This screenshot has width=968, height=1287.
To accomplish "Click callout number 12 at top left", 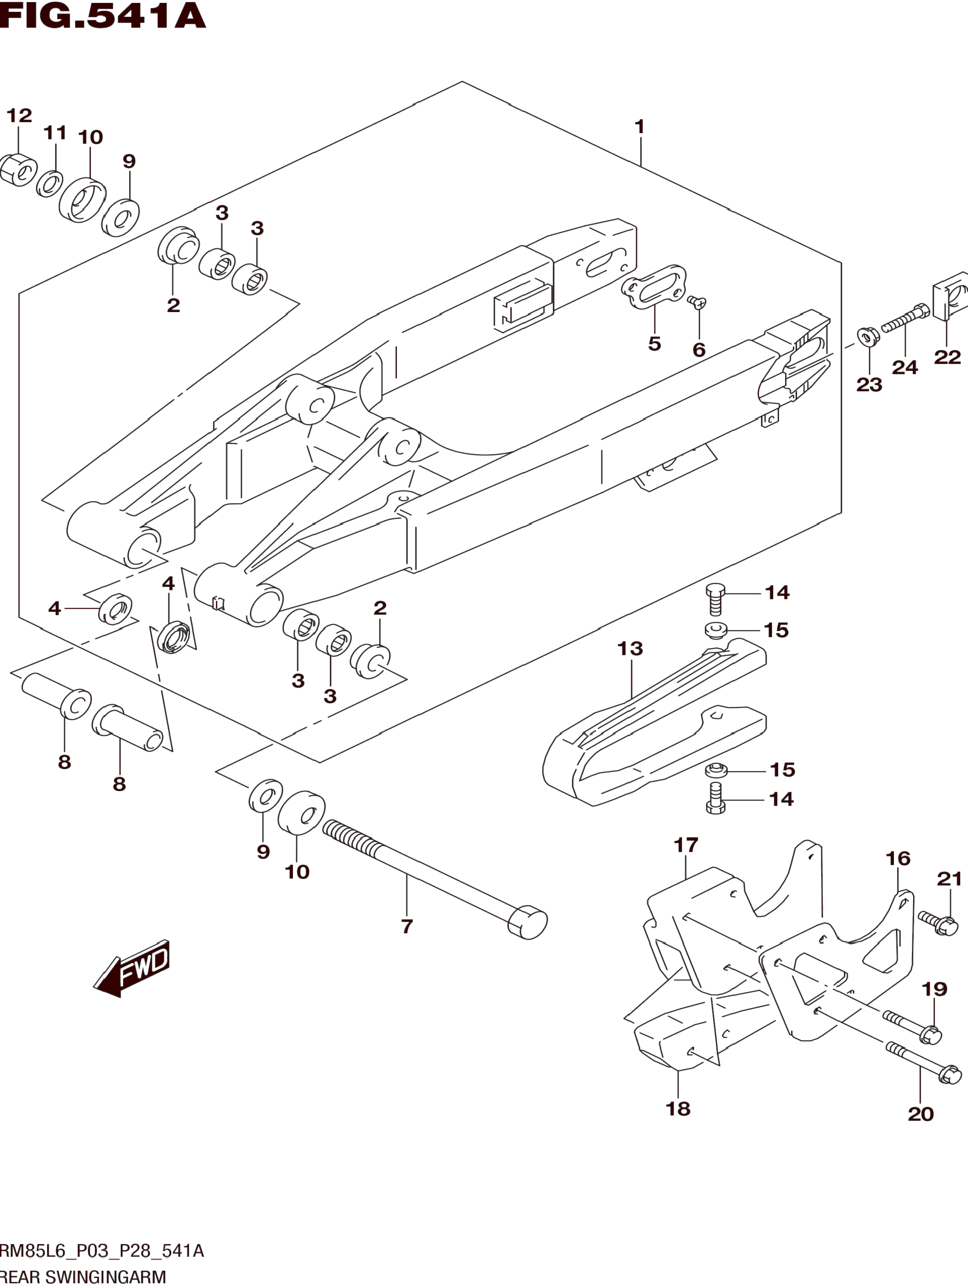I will (19, 115).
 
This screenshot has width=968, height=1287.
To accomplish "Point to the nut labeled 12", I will (17, 169).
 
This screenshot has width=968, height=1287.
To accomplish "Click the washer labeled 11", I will (50, 183).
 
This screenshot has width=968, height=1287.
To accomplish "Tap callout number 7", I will (407, 926).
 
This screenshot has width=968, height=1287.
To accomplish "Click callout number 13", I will (630, 648).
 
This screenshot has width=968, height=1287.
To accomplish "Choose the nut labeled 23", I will (868, 337).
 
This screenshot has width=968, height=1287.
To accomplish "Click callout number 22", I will (947, 357).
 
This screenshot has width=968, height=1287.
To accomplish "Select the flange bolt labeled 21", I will (938, 923).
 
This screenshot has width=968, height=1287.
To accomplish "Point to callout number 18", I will (678, 1108).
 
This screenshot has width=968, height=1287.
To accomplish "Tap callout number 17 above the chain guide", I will (686, 845).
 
